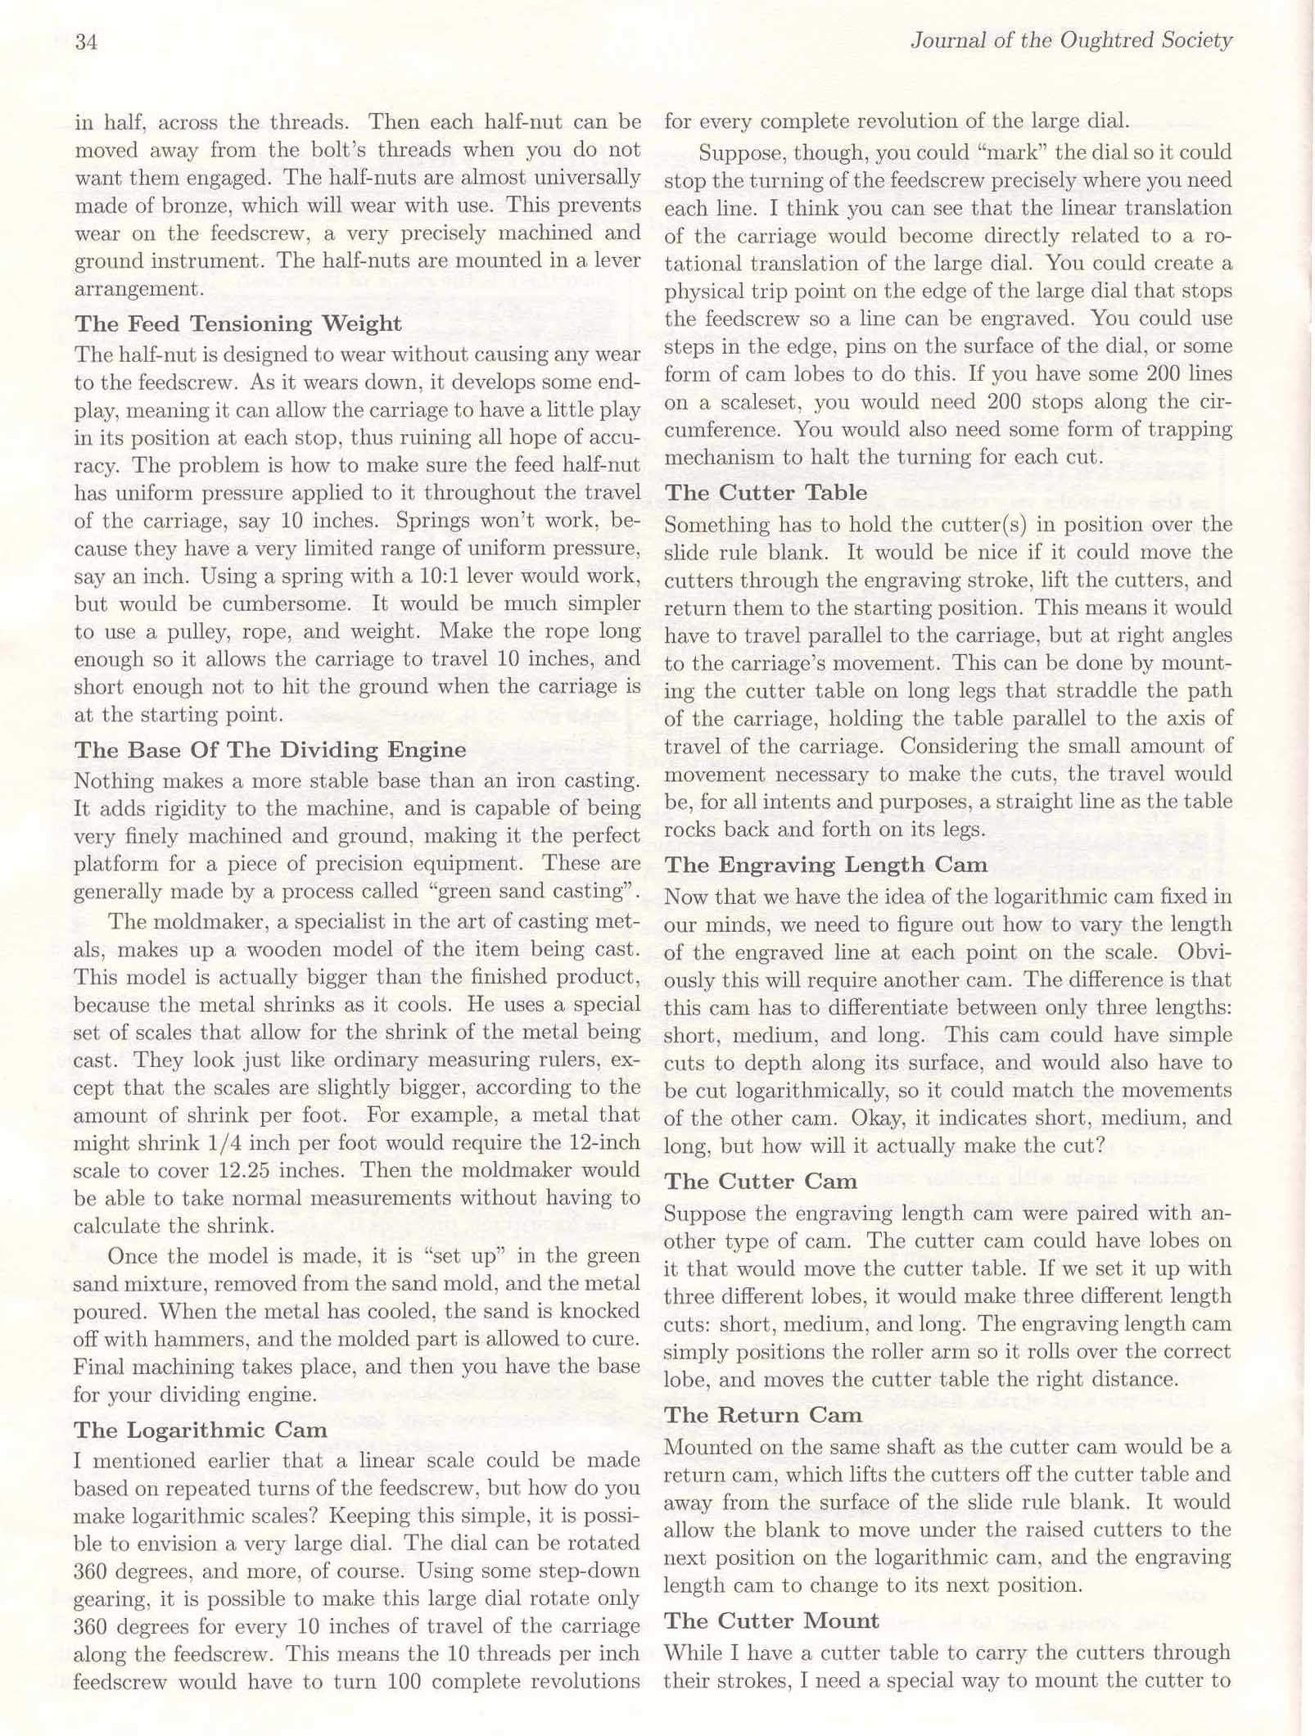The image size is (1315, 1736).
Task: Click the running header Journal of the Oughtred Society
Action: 1070,40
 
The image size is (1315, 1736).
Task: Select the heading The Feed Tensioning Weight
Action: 237,323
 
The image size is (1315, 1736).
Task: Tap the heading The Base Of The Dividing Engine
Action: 270,750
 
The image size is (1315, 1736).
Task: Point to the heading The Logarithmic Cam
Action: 201,1430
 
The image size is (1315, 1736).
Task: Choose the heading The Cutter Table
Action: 766,492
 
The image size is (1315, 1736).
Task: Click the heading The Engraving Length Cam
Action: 825,865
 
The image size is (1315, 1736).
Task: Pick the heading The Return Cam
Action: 762,1415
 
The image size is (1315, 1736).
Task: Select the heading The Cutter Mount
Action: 771,1621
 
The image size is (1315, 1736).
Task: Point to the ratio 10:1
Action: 445,576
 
